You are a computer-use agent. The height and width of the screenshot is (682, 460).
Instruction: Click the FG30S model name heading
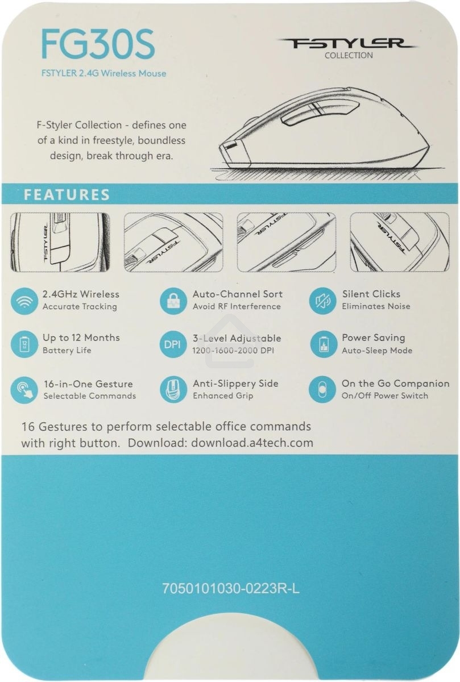click(98, 44)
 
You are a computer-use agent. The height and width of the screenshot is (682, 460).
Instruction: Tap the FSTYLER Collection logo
click(347, 48)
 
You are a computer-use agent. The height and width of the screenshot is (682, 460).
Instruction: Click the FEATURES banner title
click(67, 194)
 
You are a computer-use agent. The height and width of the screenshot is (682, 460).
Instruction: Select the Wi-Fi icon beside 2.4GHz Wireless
click(24, 301)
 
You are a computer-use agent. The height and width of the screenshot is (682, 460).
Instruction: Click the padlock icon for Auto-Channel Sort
click(173, 301)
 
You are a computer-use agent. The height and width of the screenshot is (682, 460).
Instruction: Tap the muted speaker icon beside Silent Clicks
click(322, 301)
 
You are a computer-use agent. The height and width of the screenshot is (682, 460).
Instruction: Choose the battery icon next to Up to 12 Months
click(24, 344)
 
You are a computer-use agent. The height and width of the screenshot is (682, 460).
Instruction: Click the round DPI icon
click(172, 344)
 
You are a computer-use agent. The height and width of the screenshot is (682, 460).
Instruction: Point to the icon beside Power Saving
click(324, 344)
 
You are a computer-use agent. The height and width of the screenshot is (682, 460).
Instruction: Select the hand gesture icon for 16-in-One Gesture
click(24, 390)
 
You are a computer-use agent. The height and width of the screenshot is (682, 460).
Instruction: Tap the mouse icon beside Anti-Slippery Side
click(173, 390)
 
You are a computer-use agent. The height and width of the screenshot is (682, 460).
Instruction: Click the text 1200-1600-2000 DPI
click(233, 351)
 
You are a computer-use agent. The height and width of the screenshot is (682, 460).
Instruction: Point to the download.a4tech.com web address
click(252, 443)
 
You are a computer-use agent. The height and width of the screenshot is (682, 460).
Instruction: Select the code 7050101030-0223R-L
click(231, 589)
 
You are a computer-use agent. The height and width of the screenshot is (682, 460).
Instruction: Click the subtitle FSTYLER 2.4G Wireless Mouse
click(104, 73)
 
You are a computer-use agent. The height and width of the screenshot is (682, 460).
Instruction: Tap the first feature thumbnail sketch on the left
click(60, 242)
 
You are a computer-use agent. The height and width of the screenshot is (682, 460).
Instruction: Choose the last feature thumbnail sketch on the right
click(400, 242)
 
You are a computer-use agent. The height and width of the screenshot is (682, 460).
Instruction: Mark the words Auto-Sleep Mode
click(377, 351)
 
